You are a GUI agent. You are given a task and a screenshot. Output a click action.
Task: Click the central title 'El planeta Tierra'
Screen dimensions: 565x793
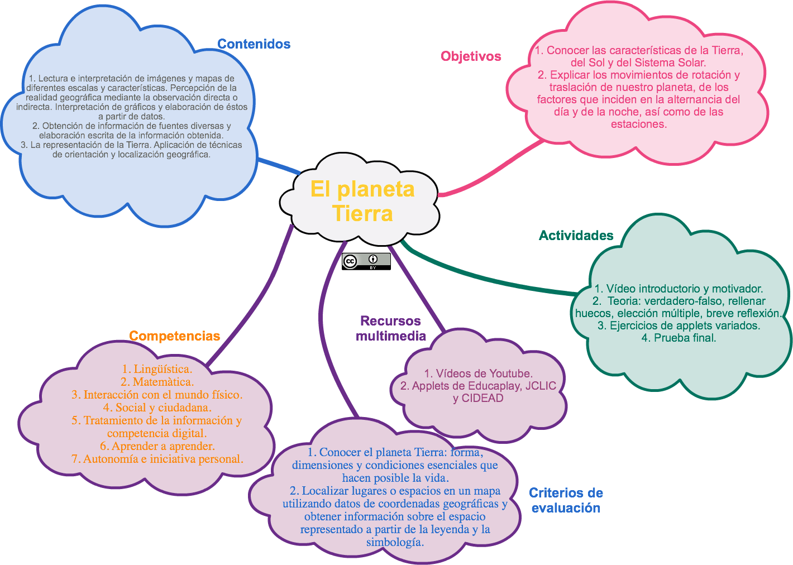[x=362, y=201]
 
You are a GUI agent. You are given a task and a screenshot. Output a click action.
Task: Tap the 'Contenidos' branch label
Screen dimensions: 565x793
[x=254, y=44]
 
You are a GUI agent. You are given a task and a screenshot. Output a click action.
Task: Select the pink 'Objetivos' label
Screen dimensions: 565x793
[x=471, y=56]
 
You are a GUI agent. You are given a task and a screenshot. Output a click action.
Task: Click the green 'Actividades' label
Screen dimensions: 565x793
[x=576, y=235]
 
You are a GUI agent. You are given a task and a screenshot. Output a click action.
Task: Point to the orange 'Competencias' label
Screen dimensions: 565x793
[x=174, y=336]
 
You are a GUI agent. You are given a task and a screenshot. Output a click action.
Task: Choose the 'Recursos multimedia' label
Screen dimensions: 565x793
[x=391, y=328]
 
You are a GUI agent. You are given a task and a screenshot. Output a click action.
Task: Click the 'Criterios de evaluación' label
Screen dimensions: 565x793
[x=566, y=500]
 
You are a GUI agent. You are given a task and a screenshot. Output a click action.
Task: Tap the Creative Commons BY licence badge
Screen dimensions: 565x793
[x=366, y=261]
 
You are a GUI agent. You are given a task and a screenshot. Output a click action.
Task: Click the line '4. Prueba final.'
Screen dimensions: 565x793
[x=679, y=338]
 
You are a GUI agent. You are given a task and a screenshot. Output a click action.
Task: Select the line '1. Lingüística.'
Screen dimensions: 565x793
[x=157, y=369]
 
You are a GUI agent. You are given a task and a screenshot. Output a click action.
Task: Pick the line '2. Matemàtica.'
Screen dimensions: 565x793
[x=157, y=382]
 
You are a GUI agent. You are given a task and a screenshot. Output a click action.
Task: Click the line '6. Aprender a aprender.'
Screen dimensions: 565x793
[x=157, y=446]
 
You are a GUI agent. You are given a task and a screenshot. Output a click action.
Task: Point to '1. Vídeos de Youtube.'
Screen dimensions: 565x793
[x=478, y=374]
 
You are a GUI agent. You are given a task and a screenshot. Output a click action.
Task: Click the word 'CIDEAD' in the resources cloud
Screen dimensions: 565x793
[x=483, y=398]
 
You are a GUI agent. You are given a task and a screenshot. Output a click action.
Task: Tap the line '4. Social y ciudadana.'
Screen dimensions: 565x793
[x=157, y=408]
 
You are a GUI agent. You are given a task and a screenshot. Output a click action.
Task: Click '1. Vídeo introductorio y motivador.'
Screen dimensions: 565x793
[x=679, y=289]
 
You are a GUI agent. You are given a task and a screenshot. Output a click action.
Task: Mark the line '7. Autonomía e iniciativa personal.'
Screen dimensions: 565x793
[x=157, y=459]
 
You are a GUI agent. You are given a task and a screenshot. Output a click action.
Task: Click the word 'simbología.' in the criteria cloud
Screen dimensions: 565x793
[x=395, y=542]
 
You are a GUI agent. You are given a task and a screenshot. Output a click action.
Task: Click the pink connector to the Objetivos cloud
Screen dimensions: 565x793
[x=491, y=173]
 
